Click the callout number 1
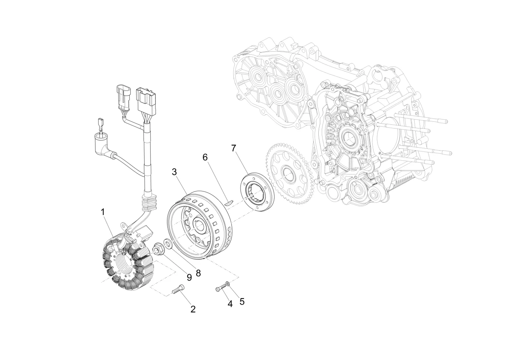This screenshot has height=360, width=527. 103,212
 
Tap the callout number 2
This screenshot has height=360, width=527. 193,309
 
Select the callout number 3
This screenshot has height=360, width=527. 174,172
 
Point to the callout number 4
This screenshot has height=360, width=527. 230,304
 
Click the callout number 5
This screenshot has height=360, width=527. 242,302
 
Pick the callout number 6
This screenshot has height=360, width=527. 205,157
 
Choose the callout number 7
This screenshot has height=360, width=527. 233,148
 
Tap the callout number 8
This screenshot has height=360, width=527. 198,273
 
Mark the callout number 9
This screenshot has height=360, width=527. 189,278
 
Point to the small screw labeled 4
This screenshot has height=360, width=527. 221,287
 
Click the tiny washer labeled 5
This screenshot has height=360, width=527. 227,284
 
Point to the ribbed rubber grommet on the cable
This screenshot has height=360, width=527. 149,200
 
